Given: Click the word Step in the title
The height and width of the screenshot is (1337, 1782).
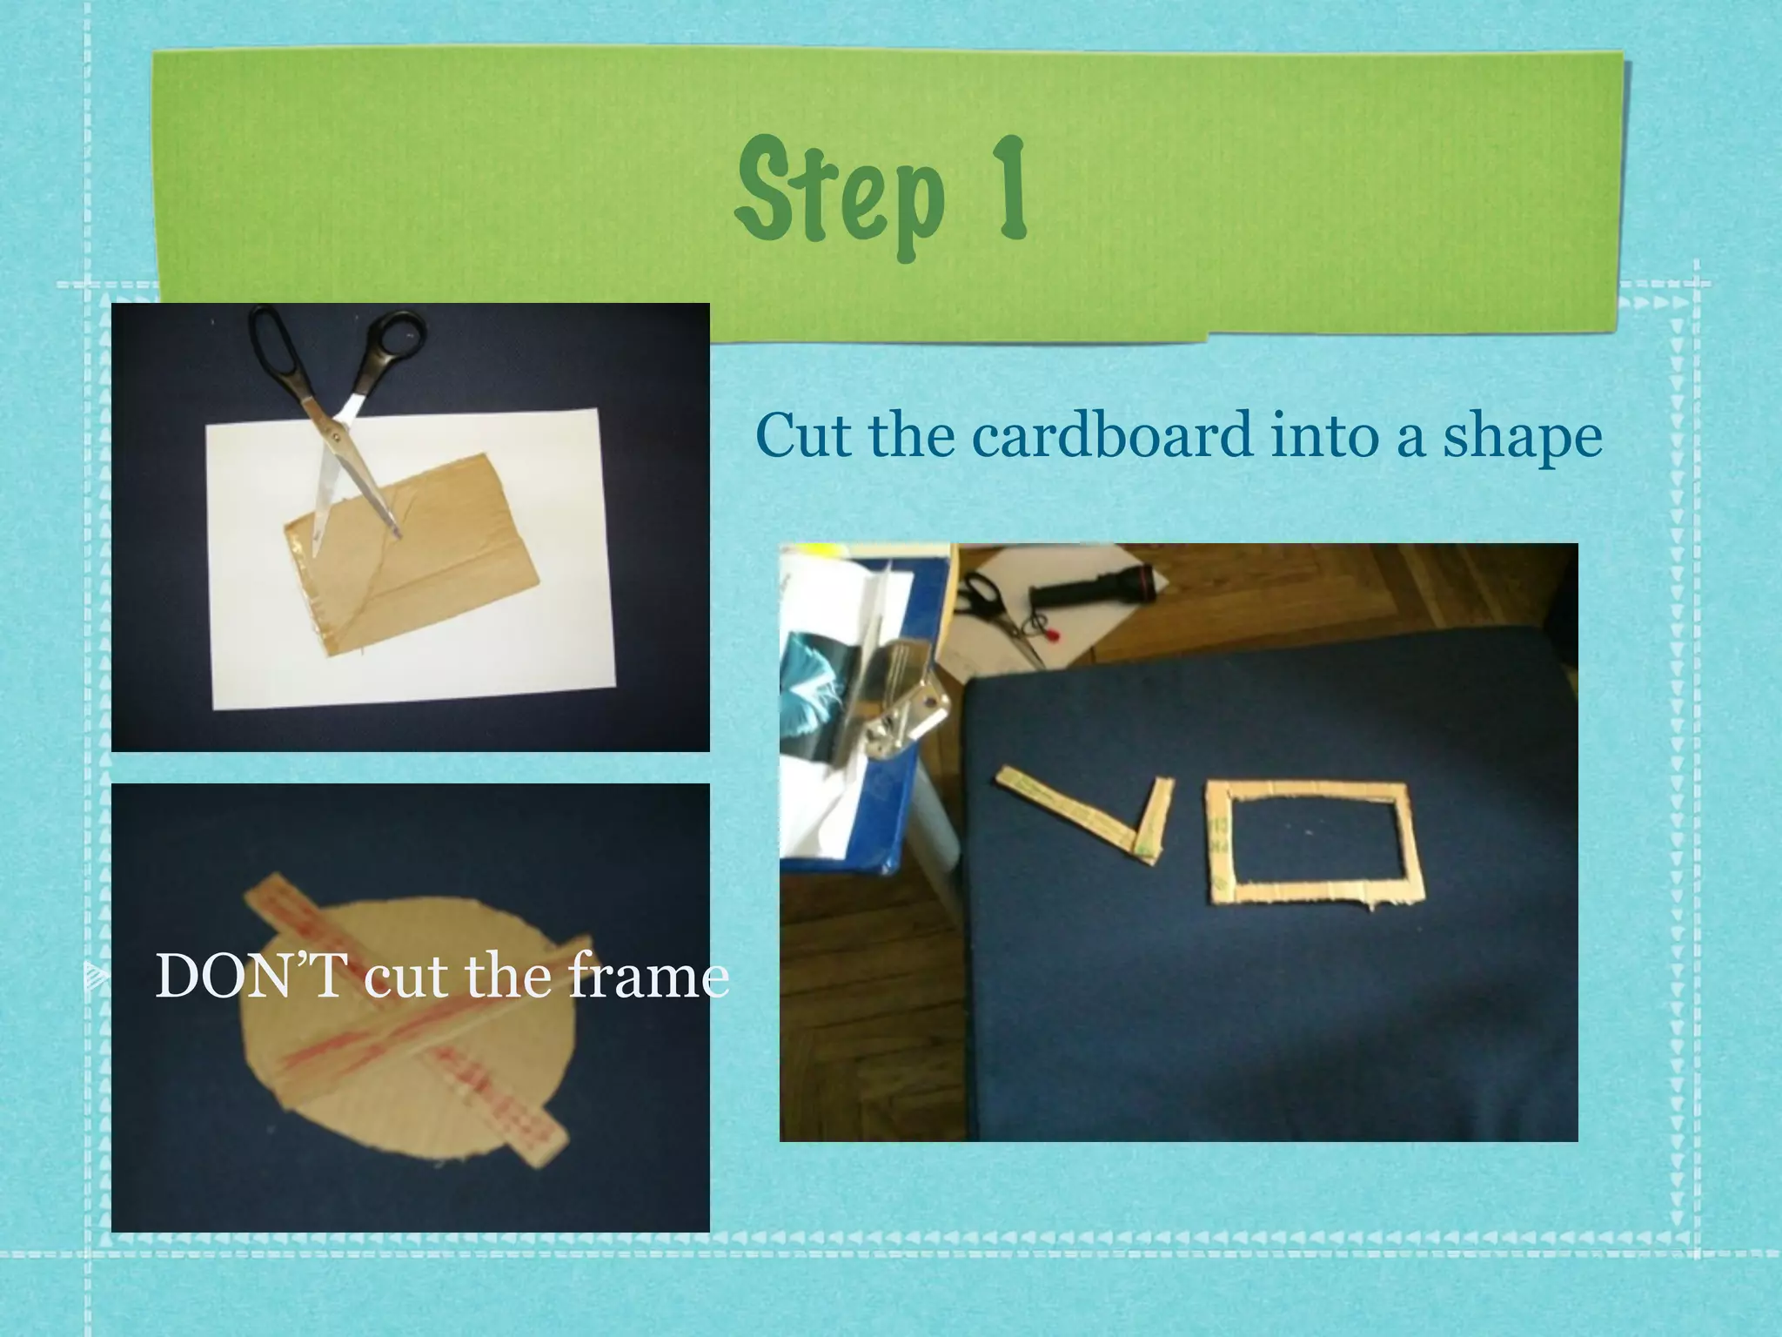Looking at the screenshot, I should click(840, 193).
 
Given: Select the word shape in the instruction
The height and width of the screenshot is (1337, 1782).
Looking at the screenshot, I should click(1522, 438).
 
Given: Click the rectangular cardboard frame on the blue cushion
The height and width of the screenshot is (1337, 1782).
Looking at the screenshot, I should click(1314, 843).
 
